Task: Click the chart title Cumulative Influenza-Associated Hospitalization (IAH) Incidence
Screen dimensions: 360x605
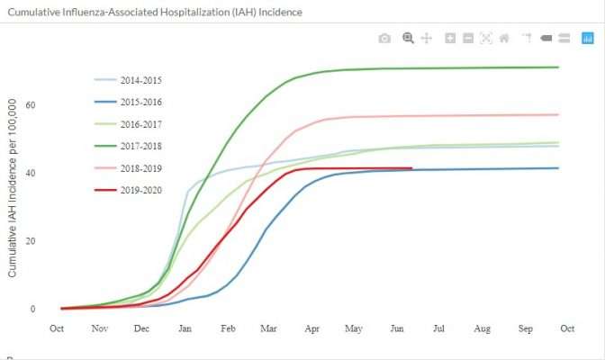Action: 155,13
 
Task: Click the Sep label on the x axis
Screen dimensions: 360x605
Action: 525,329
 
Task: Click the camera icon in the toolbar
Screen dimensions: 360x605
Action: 384,39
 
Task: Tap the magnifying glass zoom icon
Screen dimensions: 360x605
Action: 408,39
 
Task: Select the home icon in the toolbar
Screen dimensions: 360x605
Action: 504,39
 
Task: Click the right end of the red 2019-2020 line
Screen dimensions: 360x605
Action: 411,167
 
